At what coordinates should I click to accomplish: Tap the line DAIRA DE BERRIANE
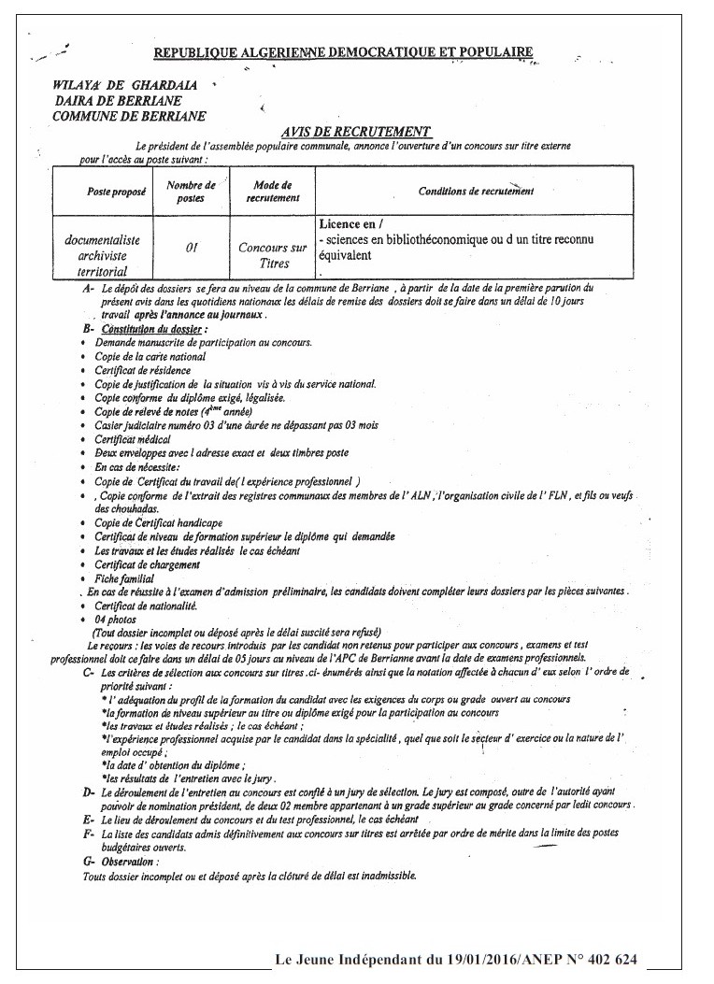117,100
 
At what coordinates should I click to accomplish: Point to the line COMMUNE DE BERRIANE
130,116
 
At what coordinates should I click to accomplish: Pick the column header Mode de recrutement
272,192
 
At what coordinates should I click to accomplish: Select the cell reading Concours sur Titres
272,256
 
